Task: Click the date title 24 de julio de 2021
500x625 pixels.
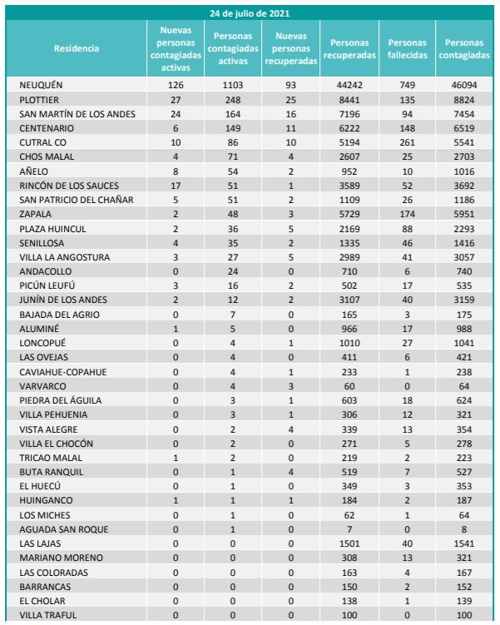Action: coord(250,13)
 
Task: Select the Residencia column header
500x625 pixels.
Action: coord(76,48)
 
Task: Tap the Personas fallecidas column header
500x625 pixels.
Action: coord(407,48)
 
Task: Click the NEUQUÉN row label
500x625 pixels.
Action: coord(41,85)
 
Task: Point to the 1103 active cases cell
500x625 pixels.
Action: coord(234,85)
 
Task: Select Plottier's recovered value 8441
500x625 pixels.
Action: coord(349,99)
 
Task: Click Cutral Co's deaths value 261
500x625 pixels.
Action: coord(407,142)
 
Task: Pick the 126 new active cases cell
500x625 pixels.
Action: coord(175,85)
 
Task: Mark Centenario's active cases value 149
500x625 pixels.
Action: coord(234,128)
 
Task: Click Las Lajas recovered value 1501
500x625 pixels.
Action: coord(349,543)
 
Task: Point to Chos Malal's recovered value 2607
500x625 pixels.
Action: coord(349,156)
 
